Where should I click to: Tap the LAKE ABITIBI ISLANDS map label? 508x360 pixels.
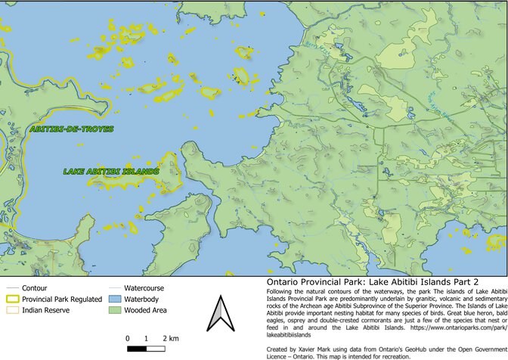(x=111, y=172)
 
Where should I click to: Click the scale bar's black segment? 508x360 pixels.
(x=137, y=349)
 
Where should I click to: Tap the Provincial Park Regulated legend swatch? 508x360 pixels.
(x=11, y=299)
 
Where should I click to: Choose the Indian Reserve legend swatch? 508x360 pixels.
(x=11, y=310)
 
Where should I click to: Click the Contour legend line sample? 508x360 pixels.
(x=11, y=289)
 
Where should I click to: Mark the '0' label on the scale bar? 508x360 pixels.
(x=127, y=337)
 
